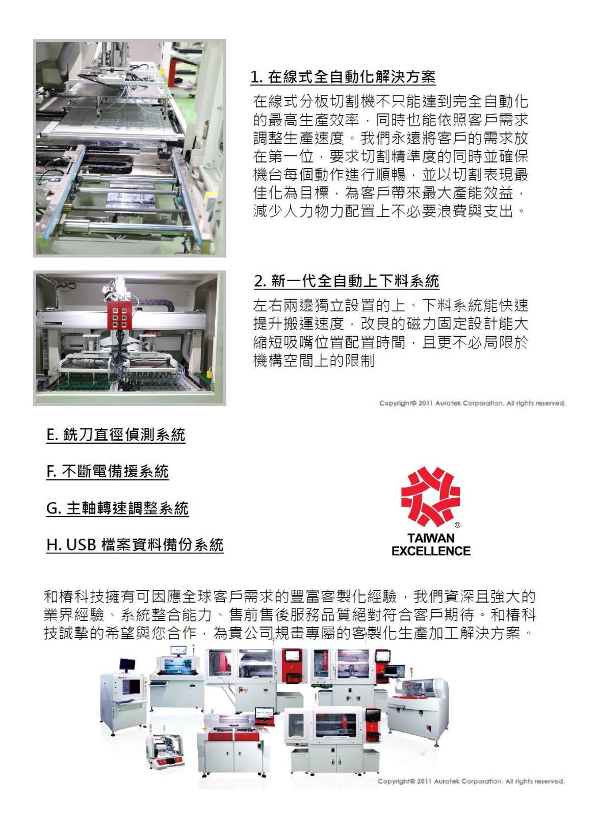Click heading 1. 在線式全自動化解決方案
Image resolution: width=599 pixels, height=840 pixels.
(x=343, y=77)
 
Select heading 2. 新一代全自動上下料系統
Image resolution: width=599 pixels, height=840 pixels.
(x=346, y=281)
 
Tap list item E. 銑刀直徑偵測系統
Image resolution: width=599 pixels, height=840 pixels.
(x=116, y=435)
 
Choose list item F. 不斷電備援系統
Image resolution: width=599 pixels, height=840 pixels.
(x=107, y=472)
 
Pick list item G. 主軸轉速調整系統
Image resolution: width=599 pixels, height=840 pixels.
(x=117, y=508)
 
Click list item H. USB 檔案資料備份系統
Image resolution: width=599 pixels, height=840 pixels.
(x=135, y=545)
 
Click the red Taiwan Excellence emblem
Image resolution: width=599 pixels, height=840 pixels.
(x=430, y=497)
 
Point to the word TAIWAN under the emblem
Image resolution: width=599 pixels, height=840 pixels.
(x=431, y=538)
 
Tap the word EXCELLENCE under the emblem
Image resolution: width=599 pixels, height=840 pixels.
(x=431, y=551)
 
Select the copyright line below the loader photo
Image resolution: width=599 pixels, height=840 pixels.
(x=472, y=403)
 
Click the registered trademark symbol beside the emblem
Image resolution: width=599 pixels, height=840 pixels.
(x=457, y=525)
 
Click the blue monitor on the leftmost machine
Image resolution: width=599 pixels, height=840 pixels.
(x=127, y=664)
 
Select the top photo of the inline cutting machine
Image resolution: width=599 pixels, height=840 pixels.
(x=129, y=148)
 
